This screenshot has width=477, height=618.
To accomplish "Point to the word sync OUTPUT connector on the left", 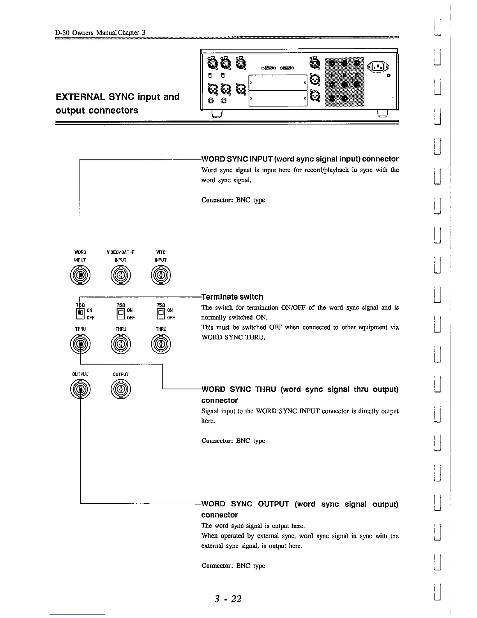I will (x=80, y=390).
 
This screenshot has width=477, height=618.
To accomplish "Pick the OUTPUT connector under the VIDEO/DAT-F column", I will (x=120, y=390).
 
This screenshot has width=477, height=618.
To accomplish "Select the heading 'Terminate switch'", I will (x=232, y=297).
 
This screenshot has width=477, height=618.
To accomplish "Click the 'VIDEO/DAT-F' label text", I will (x=120, y=252).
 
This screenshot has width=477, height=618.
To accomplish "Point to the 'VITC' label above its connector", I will (x=161, y=252).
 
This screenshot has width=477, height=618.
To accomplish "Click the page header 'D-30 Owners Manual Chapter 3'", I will (x=101, y=33).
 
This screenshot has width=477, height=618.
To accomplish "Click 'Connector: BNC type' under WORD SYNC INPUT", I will (x=233, y=200).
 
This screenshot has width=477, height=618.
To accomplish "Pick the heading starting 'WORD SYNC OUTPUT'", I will (x=299, y=504).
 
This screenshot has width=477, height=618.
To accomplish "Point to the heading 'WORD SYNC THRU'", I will (x=299, y=389).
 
